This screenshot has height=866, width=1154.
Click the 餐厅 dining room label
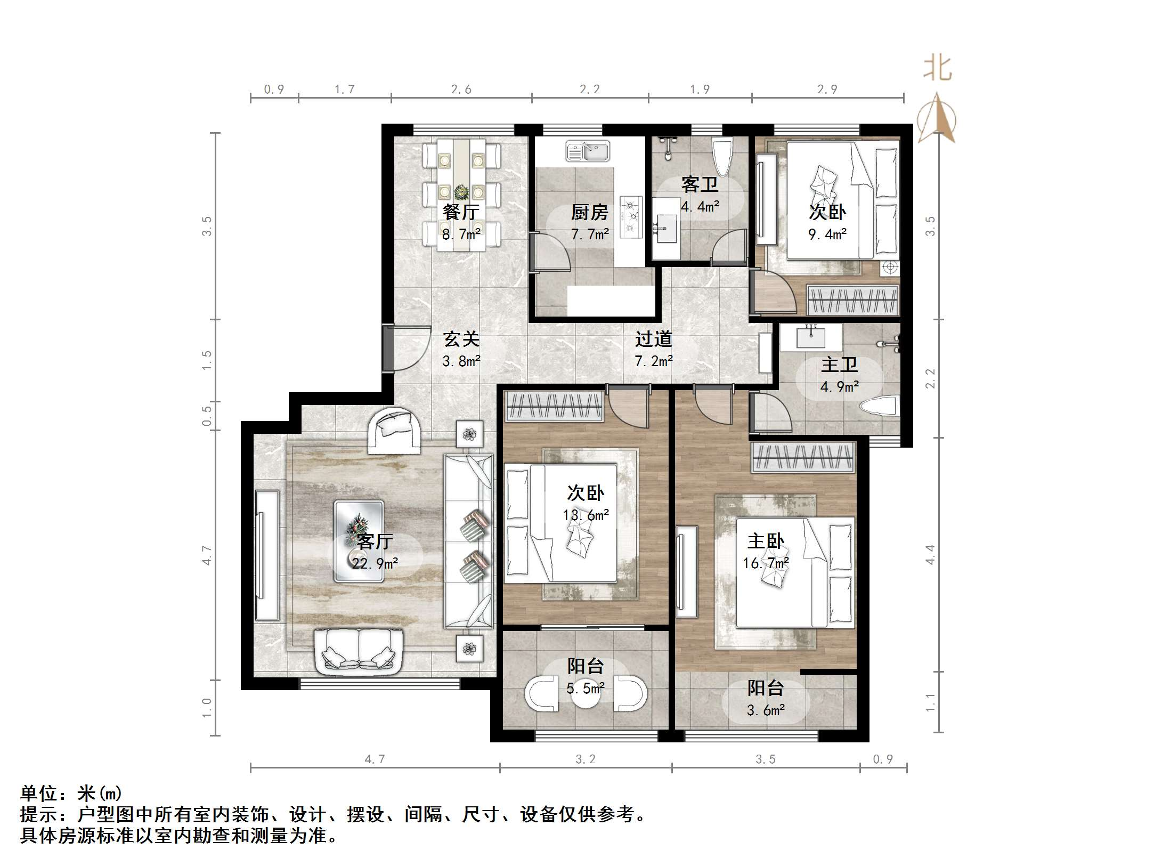(461, 212)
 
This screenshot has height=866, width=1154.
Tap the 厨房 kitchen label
(590, 213)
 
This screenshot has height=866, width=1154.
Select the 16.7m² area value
(766, 563)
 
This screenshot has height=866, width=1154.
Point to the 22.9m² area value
(375, 563)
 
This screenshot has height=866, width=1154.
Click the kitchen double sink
(588, 151)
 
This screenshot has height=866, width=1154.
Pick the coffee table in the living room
(359, 541)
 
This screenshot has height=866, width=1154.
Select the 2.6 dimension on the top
(461, 90)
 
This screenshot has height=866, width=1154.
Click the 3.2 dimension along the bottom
(586, 759)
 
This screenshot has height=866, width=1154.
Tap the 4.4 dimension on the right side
(930, 554)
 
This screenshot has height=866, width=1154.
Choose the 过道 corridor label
(654, 339)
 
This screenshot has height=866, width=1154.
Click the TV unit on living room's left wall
(267, 555)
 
